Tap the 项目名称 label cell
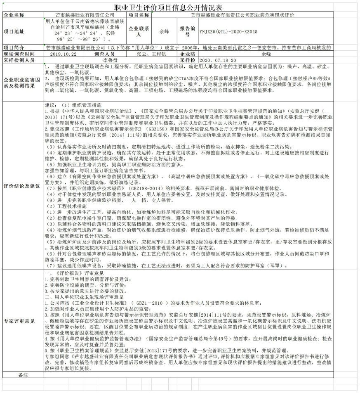pyautogui.click(x=139, y=15)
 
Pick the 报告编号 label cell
pyautogui.click(x=187, y=32)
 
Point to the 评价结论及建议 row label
pyautogui.click(x=21, y=186)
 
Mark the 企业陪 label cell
pyautogui.click(x=187, y=54)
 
